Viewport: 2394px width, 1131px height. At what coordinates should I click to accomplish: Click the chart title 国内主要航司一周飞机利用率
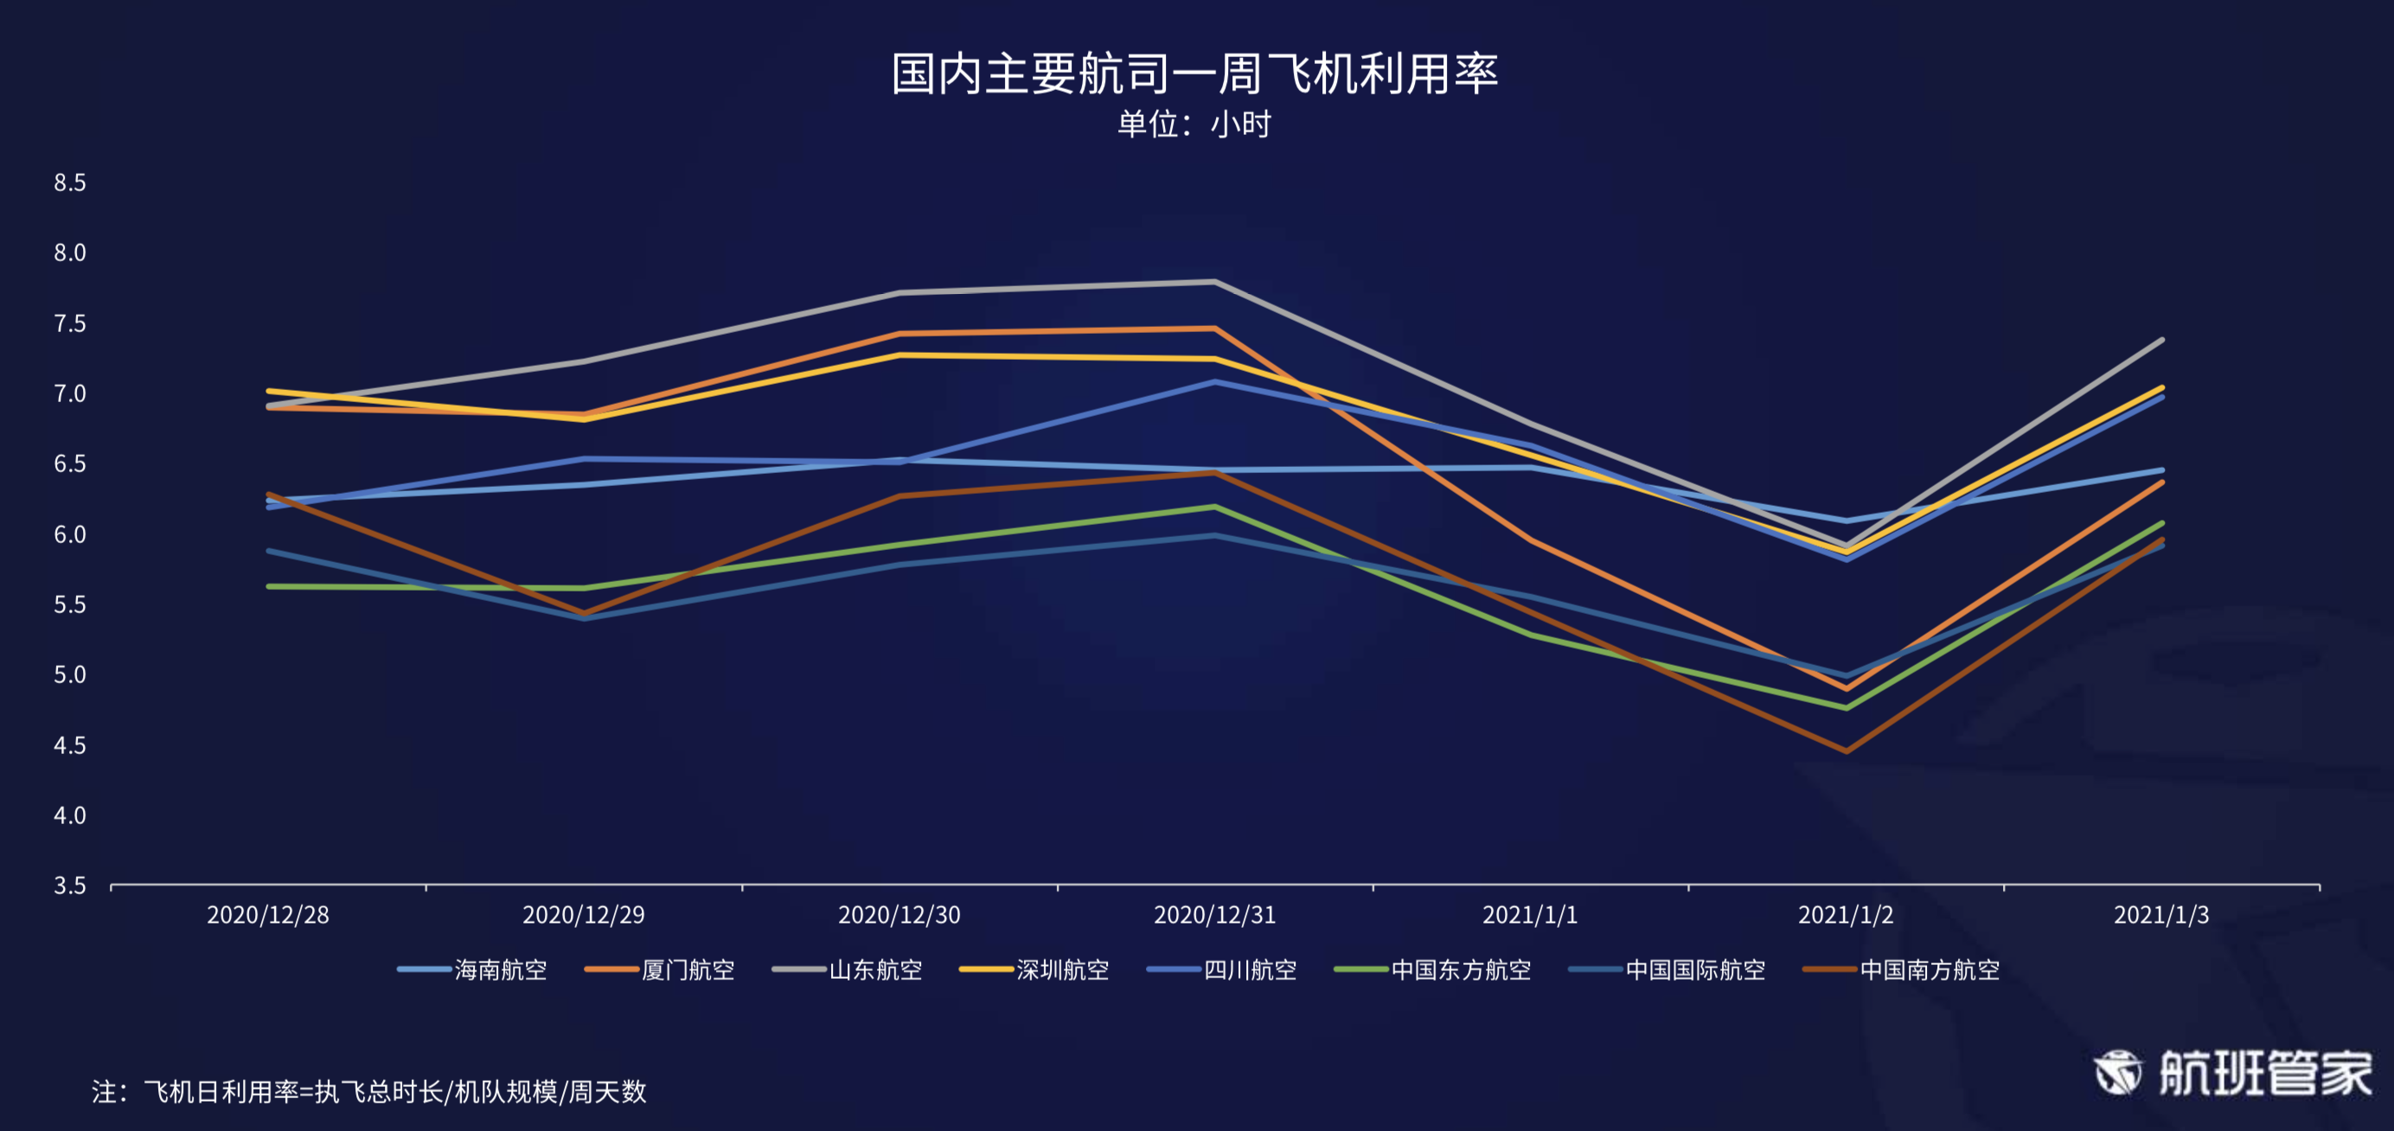click(x=1194, y=73)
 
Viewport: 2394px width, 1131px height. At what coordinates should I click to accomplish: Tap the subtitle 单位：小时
click(x=1194, y=124)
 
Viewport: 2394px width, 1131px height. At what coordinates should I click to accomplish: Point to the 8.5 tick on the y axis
click(x=70, y=183)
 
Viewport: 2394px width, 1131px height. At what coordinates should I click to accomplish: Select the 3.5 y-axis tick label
click(x=70, y=885)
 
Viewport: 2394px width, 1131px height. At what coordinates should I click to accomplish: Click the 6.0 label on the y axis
click(x=70, y=534)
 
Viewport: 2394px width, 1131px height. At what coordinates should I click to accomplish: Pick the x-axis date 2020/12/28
click(x=267, y=916)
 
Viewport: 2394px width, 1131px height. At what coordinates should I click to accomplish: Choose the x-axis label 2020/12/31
click(x=1214, y=916)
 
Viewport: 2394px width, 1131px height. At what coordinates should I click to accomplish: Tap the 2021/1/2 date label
click(x=1846, y=916)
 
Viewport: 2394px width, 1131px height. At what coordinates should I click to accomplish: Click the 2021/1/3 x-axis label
click(x=2161, y=916)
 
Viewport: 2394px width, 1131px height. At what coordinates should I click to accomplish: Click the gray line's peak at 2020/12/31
click(x=1214, y=282)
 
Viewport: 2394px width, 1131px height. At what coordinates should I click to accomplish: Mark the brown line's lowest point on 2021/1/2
click(x=1846, y=751)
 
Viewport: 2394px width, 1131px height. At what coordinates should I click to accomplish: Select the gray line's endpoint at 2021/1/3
click(x=2161, y=340)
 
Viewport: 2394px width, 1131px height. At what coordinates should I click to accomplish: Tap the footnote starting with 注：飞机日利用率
click(x=369, y=1091)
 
